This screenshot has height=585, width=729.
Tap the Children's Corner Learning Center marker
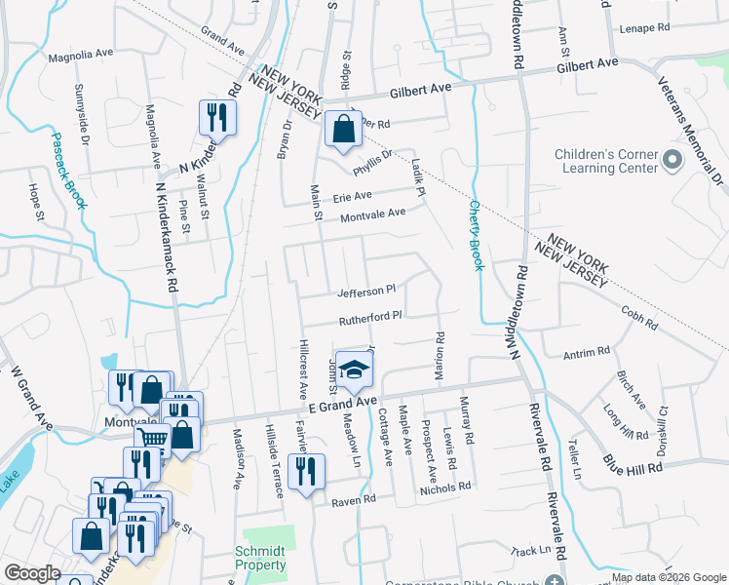(671, 159)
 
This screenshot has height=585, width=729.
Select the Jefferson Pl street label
(365, 291)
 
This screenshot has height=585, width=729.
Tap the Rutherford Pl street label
(370, 318)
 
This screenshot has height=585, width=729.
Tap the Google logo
(32, 573)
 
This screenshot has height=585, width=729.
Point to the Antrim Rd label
(587, 351)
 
